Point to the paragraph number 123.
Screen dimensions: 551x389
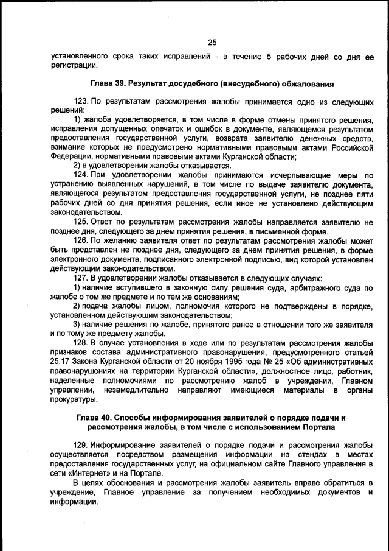(81, 100)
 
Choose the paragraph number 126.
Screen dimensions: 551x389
(81, 240)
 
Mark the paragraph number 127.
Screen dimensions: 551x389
(81, 278)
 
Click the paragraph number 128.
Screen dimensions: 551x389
(81, 343)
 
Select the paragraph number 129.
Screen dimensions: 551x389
(81, 445)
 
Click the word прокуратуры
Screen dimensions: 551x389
(74, 399)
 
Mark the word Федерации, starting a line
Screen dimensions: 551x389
(72, 156)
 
